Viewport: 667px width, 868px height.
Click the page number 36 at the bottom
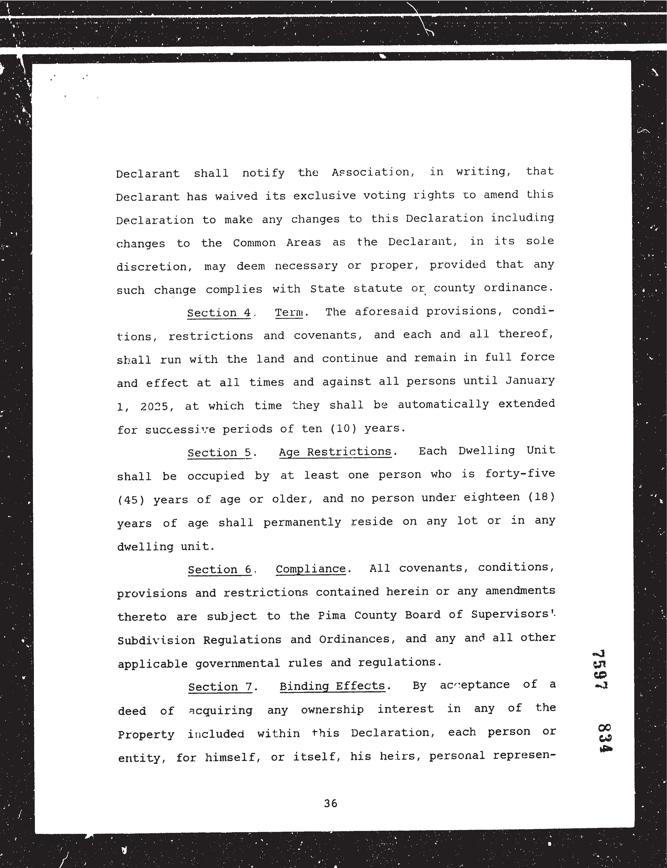click(x=330, y=803)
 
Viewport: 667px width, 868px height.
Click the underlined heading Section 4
click(x=219, y=313)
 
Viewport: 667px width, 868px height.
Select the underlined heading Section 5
click(x=220, y=453)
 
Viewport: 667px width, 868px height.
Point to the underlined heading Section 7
click(x=220, y=687)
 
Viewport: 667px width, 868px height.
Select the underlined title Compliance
click(x=310, y=569)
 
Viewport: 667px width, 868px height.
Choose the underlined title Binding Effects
click(x=332, y=686)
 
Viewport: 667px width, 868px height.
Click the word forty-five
click(x=519, y=474)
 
